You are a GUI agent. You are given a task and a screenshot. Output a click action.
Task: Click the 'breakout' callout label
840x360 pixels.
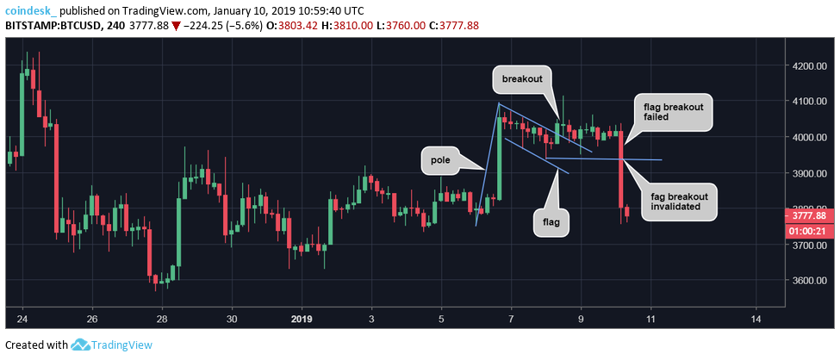coord(521,79)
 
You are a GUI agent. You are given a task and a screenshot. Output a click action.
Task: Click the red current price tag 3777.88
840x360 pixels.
coord(809,217)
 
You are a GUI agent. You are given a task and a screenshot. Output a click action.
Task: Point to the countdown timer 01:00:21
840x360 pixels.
coord(809,231)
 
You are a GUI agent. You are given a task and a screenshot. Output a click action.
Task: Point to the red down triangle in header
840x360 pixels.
coord(175,25)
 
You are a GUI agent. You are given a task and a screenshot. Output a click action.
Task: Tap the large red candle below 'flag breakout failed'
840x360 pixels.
coord(620,169)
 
